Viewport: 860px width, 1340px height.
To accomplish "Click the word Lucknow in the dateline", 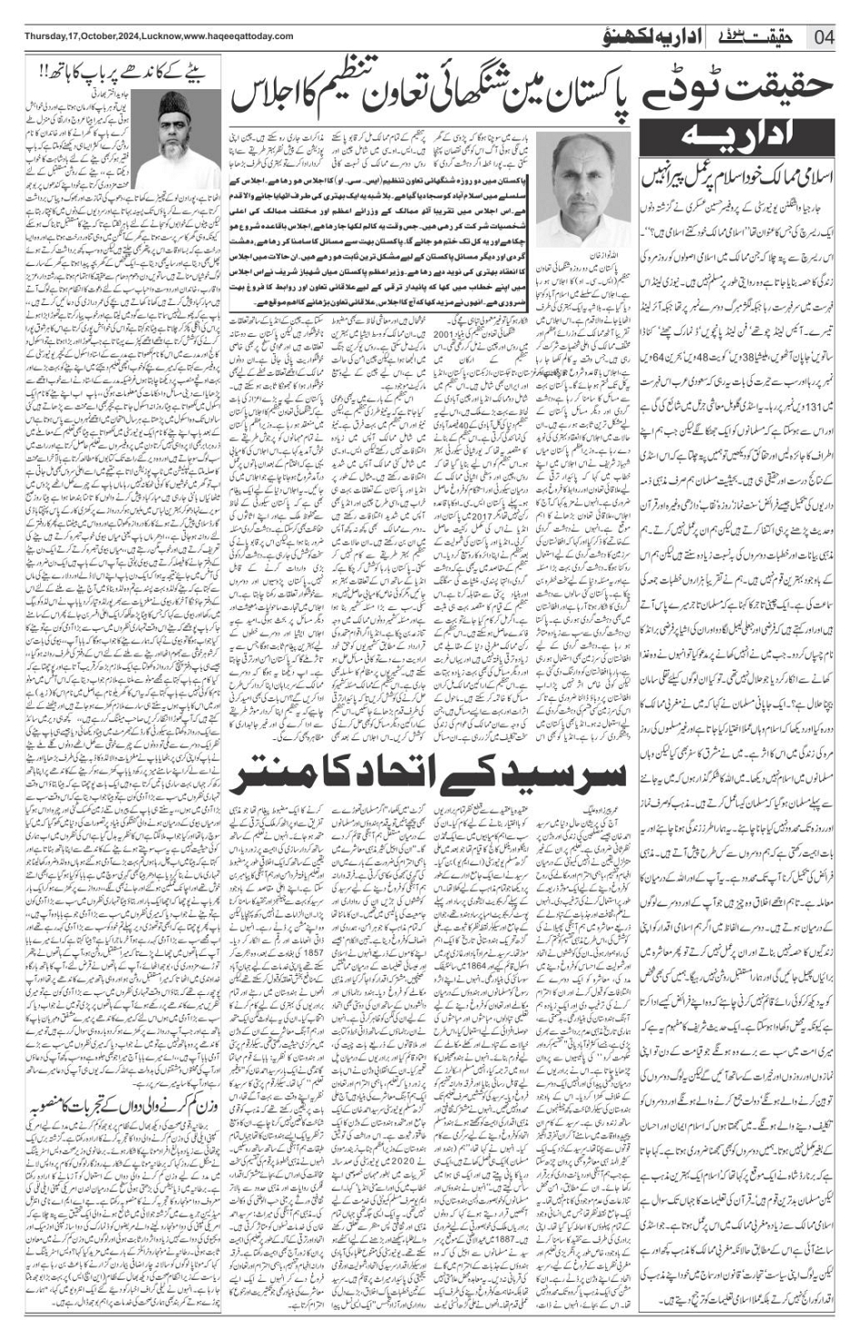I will point(167,36).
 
